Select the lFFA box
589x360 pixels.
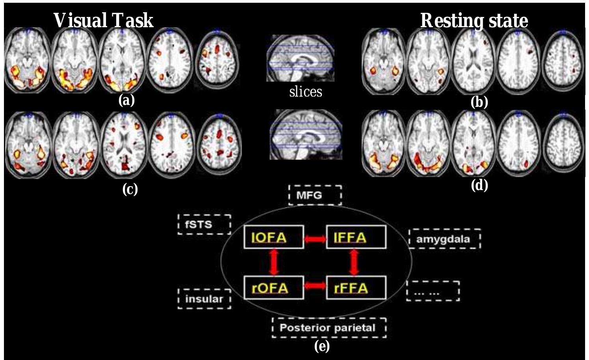point(356,237)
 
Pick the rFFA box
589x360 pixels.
point(356,288)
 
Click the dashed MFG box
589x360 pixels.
point(315,195)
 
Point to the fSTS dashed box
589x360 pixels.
point(204,224)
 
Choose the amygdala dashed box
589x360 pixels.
point(444,239)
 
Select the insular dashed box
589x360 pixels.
point(204,298)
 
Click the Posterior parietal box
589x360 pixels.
point(329,328)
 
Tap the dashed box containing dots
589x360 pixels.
point(433,291)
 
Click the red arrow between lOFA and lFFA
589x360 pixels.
point(315,239)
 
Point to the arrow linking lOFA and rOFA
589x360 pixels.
point(274,262)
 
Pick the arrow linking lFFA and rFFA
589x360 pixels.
point(355,262)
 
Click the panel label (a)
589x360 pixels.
point(126,101)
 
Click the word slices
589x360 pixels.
point(305,92)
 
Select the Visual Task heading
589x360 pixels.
point(103,21)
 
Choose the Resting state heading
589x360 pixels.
point(474,21)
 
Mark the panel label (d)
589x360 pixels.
point(479,185)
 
